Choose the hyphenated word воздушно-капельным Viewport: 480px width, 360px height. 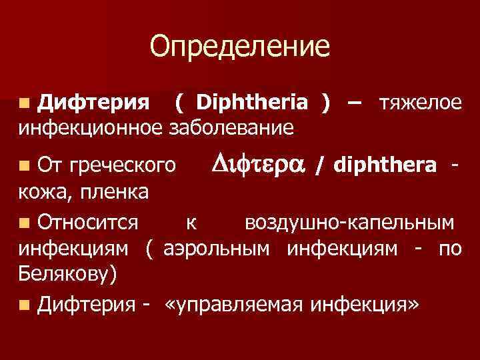(351, 222)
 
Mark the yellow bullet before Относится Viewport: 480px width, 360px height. (25, 222)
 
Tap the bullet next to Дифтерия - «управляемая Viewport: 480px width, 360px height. (25, 305)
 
